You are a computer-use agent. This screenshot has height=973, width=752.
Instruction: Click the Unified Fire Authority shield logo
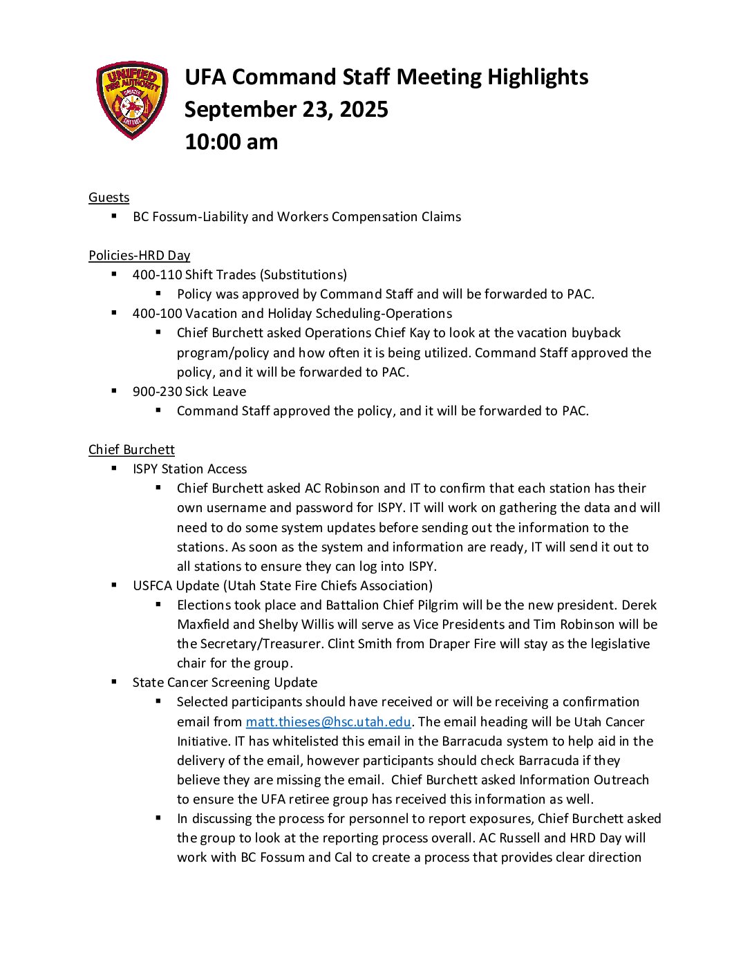[132, 100]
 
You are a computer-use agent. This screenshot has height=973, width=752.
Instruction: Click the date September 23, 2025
[286, 109]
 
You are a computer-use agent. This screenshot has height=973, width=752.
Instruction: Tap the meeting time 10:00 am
[231, 142]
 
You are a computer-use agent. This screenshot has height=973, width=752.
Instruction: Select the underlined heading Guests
[109, 198]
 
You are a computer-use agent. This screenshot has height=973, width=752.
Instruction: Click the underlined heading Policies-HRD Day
[139, 256]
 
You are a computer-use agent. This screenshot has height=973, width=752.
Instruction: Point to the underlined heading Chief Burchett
[131, 450]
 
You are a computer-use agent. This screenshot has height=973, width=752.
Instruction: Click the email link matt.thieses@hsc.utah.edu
[328, 722]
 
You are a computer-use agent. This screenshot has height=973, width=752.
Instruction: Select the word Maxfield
[203, 625]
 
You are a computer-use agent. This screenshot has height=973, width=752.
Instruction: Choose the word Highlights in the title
[538, 77]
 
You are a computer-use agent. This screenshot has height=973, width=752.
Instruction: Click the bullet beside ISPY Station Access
[114, 469]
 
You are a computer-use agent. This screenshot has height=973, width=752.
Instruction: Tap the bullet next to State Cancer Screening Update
[114, 682]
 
